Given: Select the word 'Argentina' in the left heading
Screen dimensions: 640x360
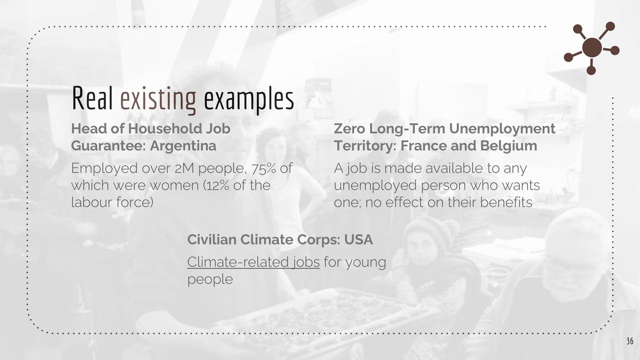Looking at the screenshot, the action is pyautogui.click(x=183, y=145).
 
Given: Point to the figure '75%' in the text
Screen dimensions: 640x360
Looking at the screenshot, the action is pyautogui.click(x=263, y=168).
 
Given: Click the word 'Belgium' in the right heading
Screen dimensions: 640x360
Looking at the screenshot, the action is pyautogui.click(x=508, y=145).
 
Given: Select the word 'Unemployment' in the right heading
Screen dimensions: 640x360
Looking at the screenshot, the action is pyautogui.click(x=502, y=128).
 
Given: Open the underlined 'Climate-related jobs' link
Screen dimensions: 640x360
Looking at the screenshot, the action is pyautogui.click(x=253, y=262).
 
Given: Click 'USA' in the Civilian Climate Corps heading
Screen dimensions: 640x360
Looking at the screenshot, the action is pyautogui.click(x=358, y=239).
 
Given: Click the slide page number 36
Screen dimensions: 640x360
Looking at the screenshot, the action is pyautogui.click(x=629, y=341).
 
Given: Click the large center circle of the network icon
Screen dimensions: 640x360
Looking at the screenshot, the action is pyautogui.click(x=591, y=47).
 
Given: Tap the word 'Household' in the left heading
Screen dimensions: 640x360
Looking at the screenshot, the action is pyautogui.click(x=164, y=128).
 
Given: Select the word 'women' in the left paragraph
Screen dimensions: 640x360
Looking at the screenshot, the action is pyautogui.click(x=174, y=185).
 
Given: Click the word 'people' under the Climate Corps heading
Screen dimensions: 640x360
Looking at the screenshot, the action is pyautogui.click(x=210, y=279).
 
